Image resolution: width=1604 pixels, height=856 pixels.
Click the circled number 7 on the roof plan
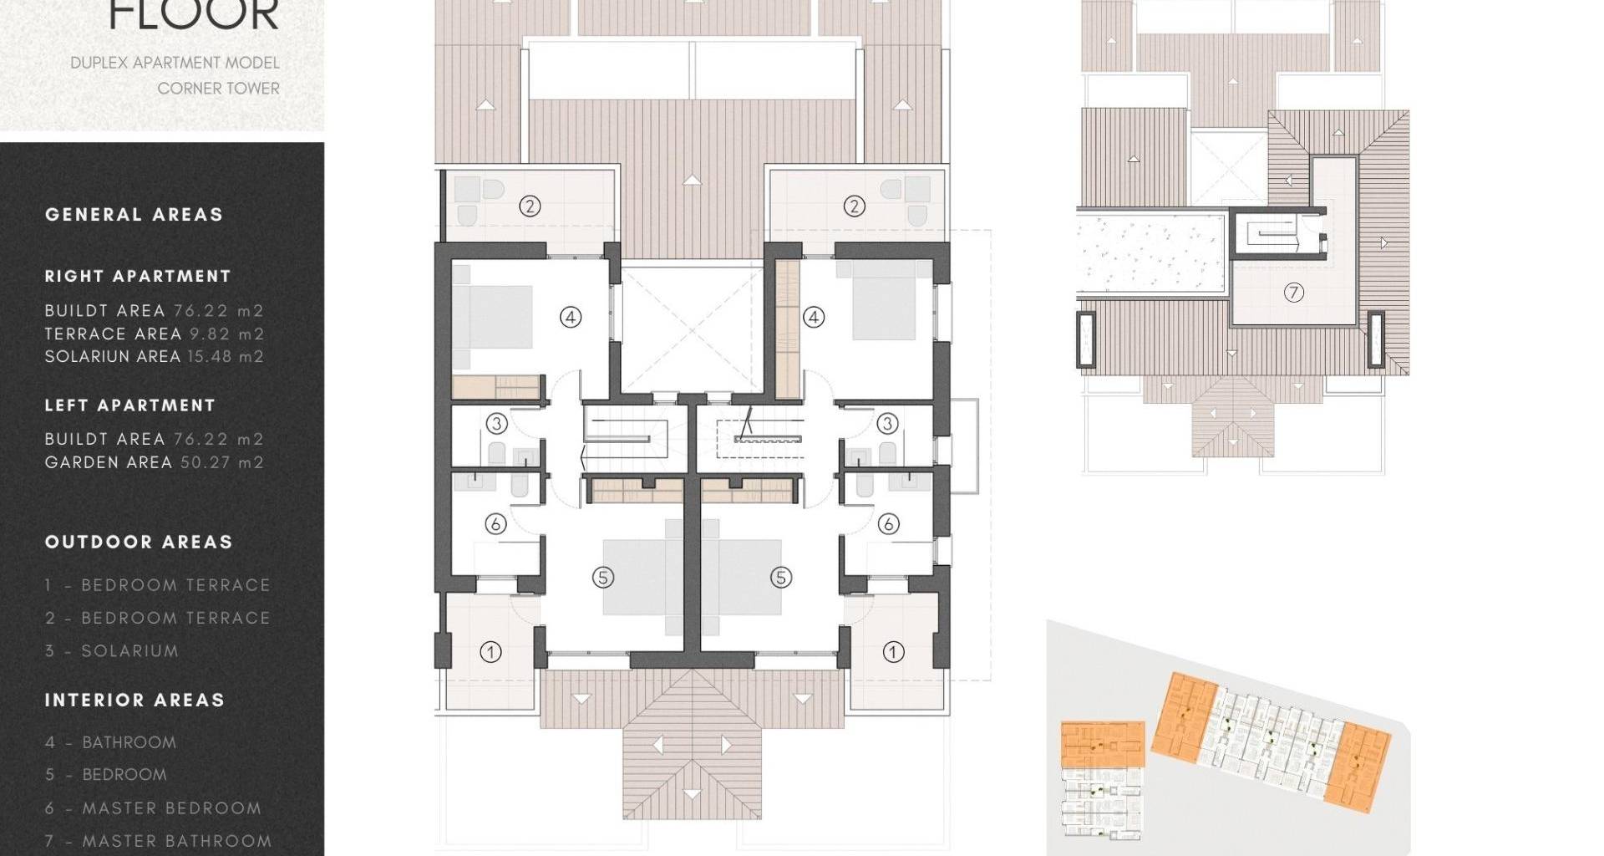1293,293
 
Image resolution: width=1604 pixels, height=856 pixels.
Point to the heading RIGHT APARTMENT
138,277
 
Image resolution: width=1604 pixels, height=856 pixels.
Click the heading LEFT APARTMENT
130,405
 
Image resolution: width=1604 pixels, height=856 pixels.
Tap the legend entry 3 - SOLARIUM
112,651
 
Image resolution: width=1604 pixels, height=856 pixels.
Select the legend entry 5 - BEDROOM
106,775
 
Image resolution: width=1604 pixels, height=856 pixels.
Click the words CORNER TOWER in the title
219,89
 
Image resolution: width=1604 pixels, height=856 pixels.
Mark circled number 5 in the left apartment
603,577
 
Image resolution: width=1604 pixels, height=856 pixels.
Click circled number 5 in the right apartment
781,577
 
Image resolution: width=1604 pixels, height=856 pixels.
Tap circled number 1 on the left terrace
490,651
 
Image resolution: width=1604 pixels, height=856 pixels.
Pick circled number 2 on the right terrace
854,206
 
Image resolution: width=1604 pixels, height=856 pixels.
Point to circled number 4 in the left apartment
571,317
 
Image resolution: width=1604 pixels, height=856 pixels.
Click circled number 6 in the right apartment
888,524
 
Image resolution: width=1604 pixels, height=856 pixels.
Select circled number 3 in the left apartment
497,424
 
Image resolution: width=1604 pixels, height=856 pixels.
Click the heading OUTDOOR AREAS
139,543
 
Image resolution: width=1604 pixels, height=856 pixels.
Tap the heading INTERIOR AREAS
135,701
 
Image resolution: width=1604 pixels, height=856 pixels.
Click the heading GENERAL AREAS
135,215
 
